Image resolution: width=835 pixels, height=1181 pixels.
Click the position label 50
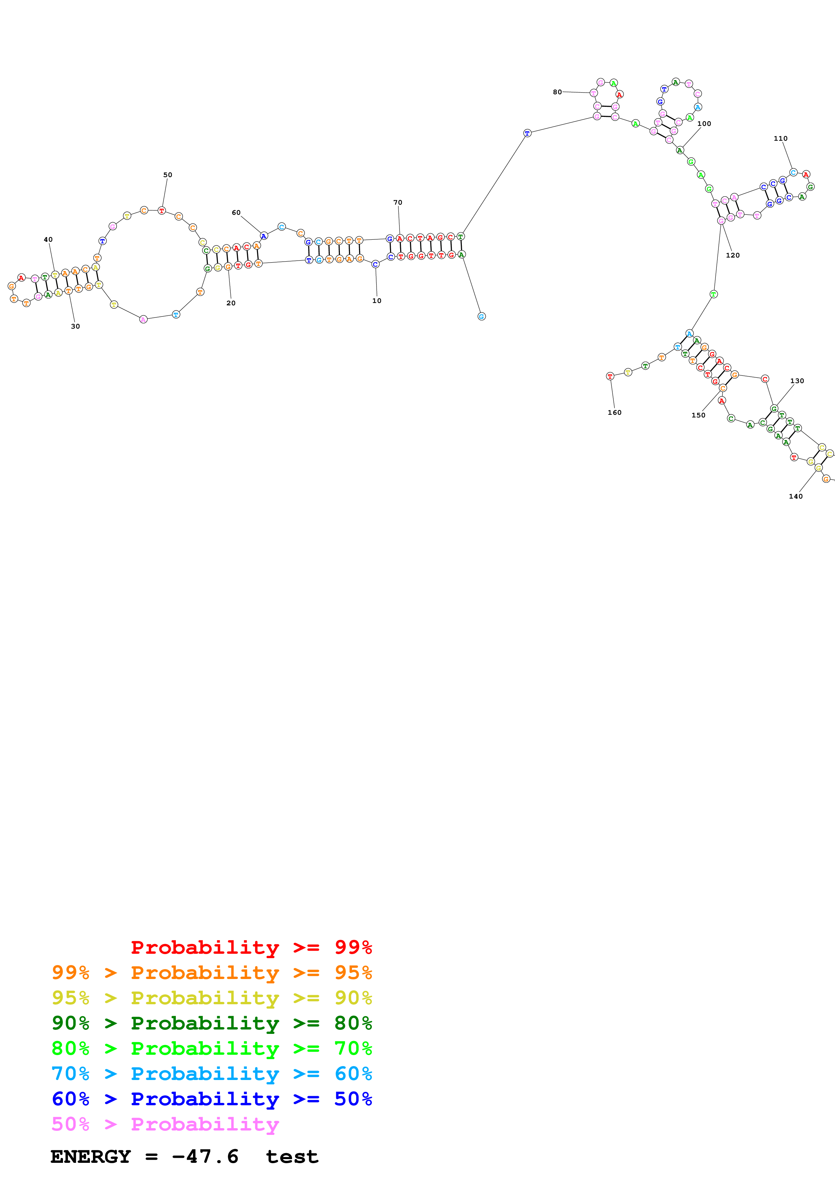[x=168, y=175]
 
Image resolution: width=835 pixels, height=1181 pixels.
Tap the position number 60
[x=236, y=212]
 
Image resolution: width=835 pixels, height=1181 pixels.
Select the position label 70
[x=398, y=203]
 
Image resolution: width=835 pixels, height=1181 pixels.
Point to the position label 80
[x=557, y=92]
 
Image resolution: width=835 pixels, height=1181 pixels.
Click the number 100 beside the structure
[x=704, y=124]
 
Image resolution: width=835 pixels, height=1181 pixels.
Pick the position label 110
[x=780, y=138]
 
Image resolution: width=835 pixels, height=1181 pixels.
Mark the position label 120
[x=733, y=255]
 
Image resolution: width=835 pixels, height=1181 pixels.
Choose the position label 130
[x=797, y=381]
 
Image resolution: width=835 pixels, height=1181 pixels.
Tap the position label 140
[x=795, y=496]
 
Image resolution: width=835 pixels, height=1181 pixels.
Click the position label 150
[x=698, y=415]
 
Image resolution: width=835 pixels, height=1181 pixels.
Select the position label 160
[x=614, y=412]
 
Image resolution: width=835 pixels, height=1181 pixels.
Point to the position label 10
[x=377, y=301]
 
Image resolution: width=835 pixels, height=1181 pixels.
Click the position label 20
[x=231, y=303]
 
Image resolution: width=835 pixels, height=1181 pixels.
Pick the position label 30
[x=75, y=326]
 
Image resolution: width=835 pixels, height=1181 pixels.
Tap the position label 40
[x=48, y=240]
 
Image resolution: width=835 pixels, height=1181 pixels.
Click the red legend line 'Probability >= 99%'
[x=251, y=947]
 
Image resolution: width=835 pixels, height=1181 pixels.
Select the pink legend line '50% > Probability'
[x=165, y=1124]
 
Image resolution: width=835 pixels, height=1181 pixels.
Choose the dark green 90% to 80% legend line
[x=212, y=1023]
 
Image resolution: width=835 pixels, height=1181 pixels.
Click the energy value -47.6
[x=205, y=1157]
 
